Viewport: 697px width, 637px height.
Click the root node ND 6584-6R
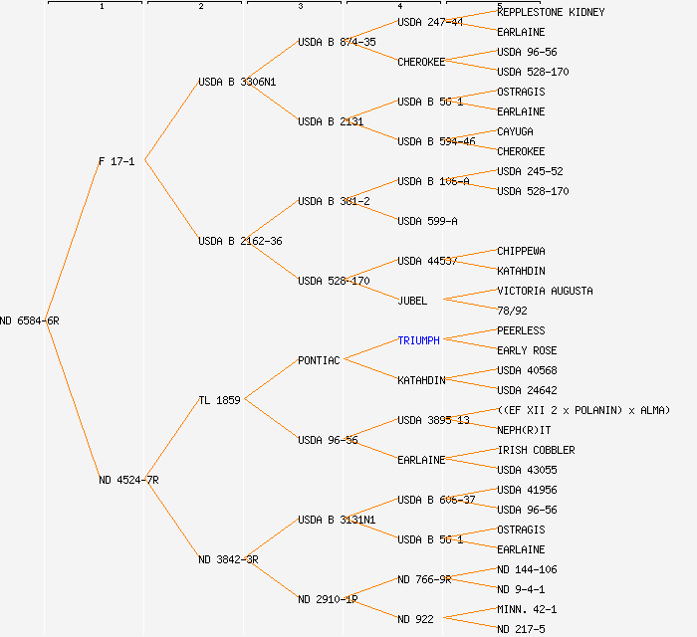point(30,320)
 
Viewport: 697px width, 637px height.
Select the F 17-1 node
point(116,161)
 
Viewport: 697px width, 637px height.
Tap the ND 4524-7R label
point(128,480)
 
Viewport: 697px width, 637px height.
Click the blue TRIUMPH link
point(418,340)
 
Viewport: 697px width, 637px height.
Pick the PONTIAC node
point(319,360)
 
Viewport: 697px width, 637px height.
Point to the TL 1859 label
point(219,400)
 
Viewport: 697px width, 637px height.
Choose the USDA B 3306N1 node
point(237,82)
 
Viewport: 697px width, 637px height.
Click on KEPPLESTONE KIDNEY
point(551,12)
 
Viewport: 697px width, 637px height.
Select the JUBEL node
point(412,301)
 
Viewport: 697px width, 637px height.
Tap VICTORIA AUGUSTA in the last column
point(545,291)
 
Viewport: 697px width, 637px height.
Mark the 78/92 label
point(512,311)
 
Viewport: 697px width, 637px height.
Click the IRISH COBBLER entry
point(536,450)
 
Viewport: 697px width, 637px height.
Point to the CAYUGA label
point(515,131)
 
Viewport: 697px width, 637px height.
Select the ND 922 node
point(415,619)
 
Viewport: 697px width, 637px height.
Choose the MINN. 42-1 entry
point(527,609)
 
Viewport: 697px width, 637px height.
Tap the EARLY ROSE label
point(527,350)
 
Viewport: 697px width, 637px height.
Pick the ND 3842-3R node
point(228,559)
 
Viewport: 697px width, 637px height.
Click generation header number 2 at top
point(200,7)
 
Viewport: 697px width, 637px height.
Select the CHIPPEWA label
point(521,251)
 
